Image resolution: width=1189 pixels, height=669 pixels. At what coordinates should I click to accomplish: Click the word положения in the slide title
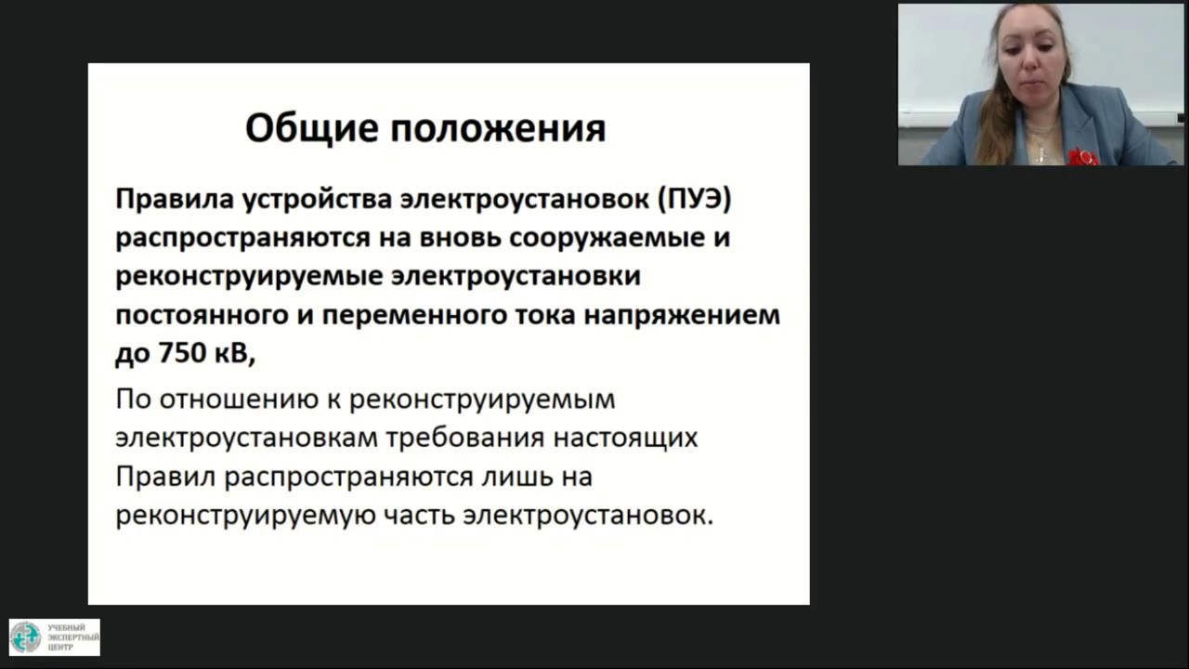498,128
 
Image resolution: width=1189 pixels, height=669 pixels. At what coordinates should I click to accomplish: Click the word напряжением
682,316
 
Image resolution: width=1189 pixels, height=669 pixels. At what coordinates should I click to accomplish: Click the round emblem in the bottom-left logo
25,637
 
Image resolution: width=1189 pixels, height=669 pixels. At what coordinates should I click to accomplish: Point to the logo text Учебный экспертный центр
67,637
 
